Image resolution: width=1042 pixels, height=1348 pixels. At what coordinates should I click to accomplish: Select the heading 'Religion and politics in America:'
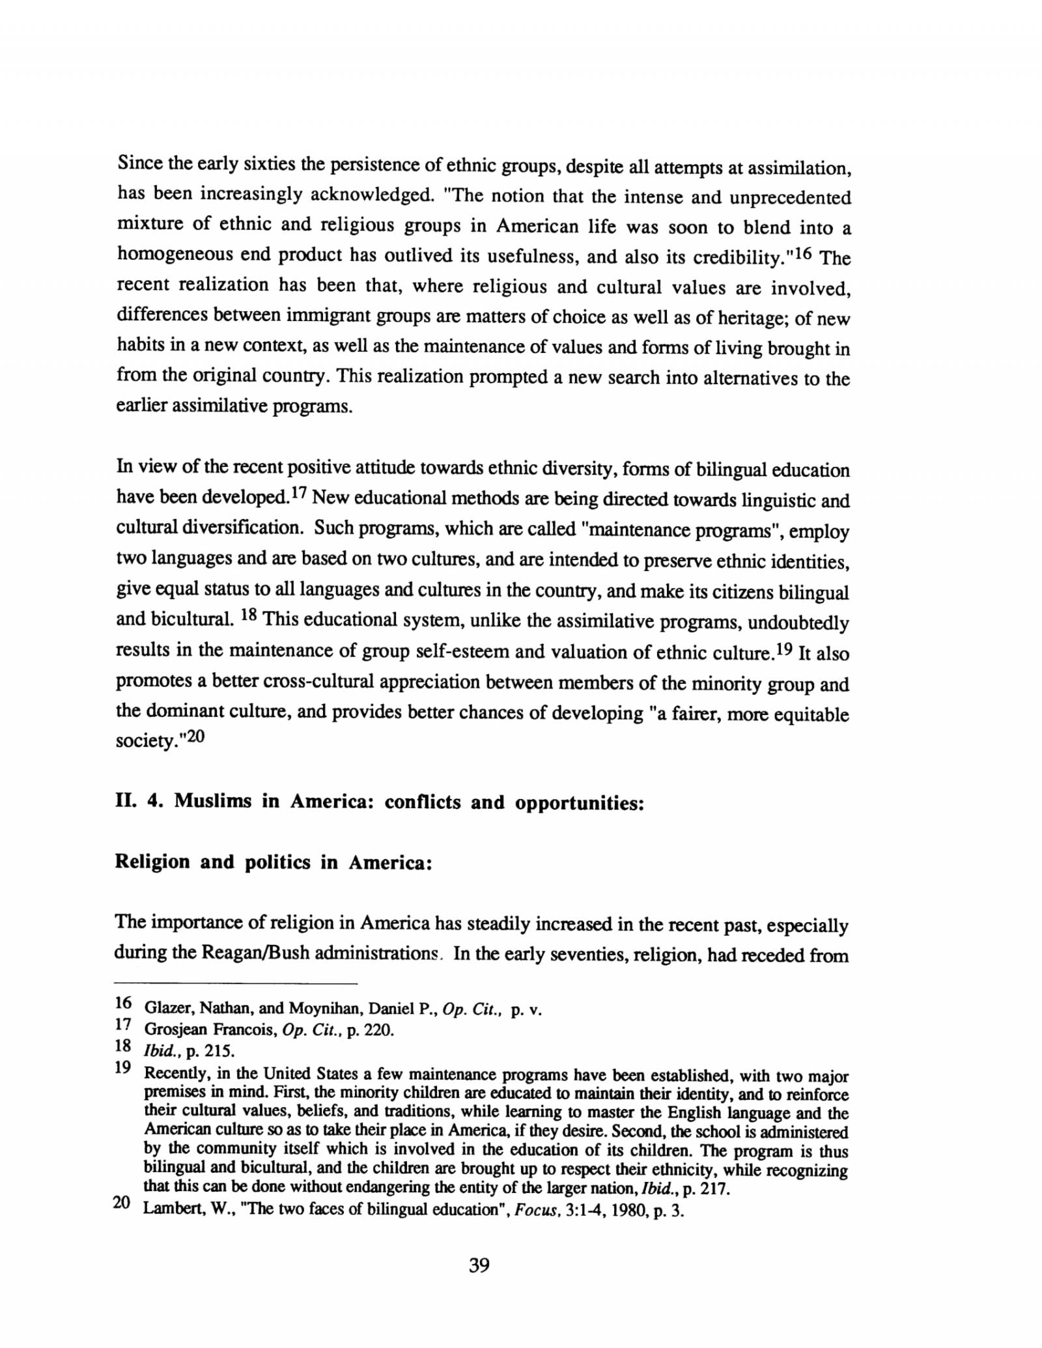274,862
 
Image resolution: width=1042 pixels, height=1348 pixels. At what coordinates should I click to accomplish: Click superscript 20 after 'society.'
195,738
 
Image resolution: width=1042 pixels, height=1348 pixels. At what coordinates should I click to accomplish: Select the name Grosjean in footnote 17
173,1030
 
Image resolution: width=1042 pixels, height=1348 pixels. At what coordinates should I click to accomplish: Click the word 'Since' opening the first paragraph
139,163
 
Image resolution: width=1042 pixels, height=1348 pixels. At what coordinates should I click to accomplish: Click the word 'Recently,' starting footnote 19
172,1073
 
